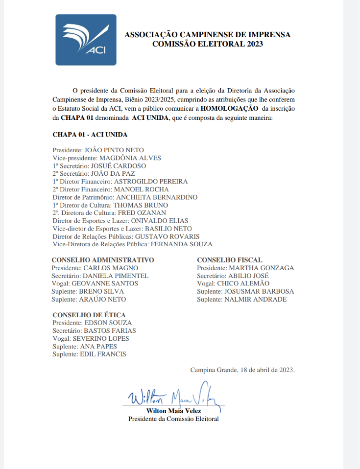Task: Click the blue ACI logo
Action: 86,40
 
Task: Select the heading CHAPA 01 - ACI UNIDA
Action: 90,134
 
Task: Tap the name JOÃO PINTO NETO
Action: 115,150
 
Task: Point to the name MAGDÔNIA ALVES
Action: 130,158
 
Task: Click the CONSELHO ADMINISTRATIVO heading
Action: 103,260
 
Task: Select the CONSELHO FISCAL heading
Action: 230,260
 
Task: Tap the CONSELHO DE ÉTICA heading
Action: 89,315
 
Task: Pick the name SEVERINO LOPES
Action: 101,338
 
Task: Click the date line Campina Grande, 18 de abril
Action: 242,370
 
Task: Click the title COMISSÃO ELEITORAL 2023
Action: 208,44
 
